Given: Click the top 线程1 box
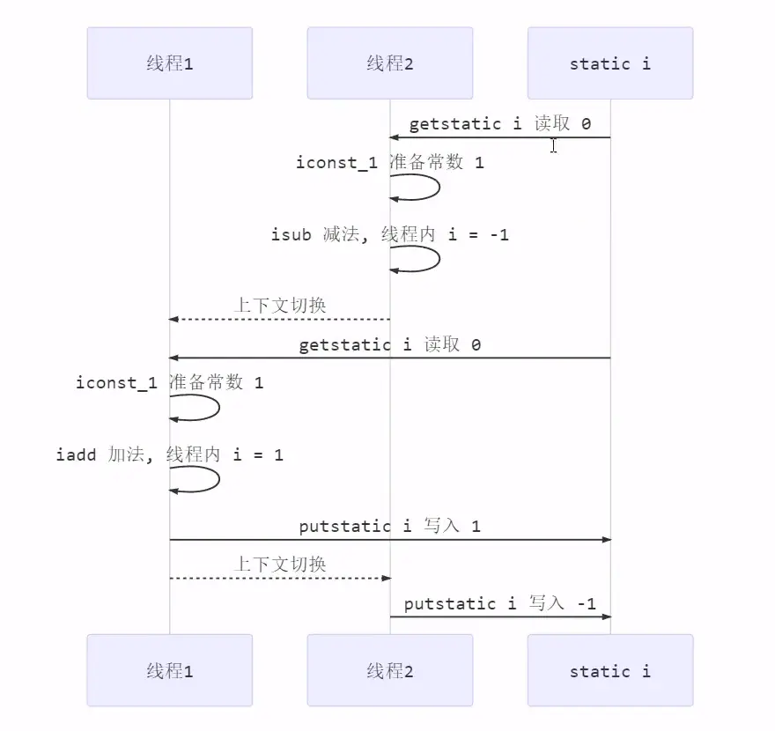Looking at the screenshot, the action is click(169, 63).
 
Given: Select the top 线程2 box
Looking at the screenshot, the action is click(389, 63).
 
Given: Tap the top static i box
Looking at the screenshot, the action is click(609, 63).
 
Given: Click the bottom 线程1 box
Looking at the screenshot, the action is click(169, 670).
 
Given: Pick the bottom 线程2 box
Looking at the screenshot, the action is click(389, 670).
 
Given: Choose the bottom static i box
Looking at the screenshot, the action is click(609, 670).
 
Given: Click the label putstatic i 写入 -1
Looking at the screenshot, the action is click(499, 603).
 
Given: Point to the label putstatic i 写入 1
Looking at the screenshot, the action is click(389, 526).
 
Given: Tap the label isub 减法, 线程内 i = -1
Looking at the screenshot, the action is click(389, 234).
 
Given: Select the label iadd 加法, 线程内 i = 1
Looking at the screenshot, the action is click(169, 454).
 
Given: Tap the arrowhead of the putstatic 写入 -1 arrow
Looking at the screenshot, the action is click(605, 617).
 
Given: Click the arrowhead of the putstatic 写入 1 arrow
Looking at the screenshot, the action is click(605, 539).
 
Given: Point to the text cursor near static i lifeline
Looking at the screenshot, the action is click(553, 145).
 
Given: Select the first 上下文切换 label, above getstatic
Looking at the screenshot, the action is click(280, 306).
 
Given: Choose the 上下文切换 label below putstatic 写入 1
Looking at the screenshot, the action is click(280, 564).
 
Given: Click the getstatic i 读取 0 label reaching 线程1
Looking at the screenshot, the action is click(389, 344).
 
